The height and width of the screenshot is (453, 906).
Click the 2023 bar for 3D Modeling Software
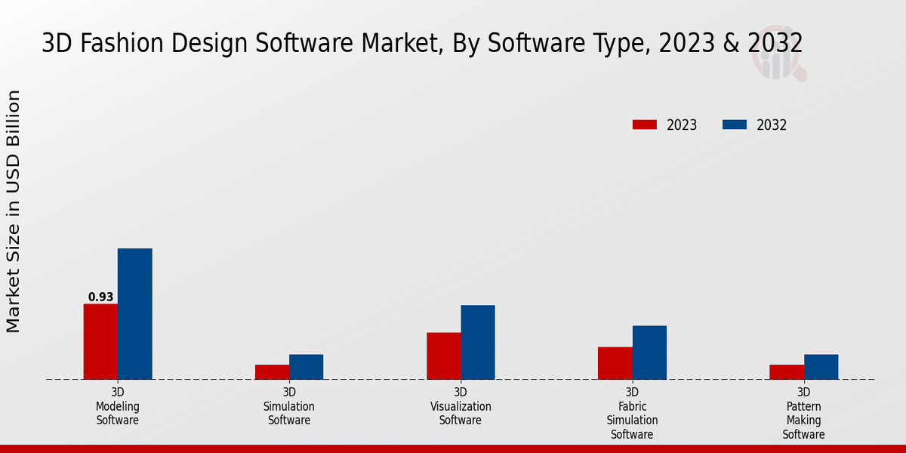pos(100,341)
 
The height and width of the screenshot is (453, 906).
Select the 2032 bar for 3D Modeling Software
pos(134,313)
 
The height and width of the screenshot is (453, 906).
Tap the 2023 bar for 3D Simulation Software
pos(272,371)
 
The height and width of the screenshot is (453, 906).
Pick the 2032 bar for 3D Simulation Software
pos(306,366)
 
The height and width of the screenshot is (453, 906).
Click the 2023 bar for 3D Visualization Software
pos(443,356)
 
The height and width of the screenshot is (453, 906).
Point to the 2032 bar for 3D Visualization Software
pos(478,342)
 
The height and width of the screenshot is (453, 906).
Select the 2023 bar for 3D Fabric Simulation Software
pos(615,362)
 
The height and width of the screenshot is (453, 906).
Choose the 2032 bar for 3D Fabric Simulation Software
pos(649,352)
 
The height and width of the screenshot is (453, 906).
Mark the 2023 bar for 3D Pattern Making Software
pos(786,371)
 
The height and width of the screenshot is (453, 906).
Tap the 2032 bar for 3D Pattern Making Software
pos(821,366)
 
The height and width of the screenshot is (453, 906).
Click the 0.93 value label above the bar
pos(100,297)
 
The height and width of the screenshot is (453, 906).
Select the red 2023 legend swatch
pos(644,125)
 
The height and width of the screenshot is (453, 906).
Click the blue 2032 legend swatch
pos(734,125)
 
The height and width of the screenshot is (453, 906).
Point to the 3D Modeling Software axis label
pos(118,406)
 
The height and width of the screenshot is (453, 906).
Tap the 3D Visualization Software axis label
pos(461,406)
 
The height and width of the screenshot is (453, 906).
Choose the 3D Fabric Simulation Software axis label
pos(632,413)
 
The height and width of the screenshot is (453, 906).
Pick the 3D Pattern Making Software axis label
pos(803,413)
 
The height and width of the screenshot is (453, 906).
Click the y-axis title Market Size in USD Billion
pos(14,211)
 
